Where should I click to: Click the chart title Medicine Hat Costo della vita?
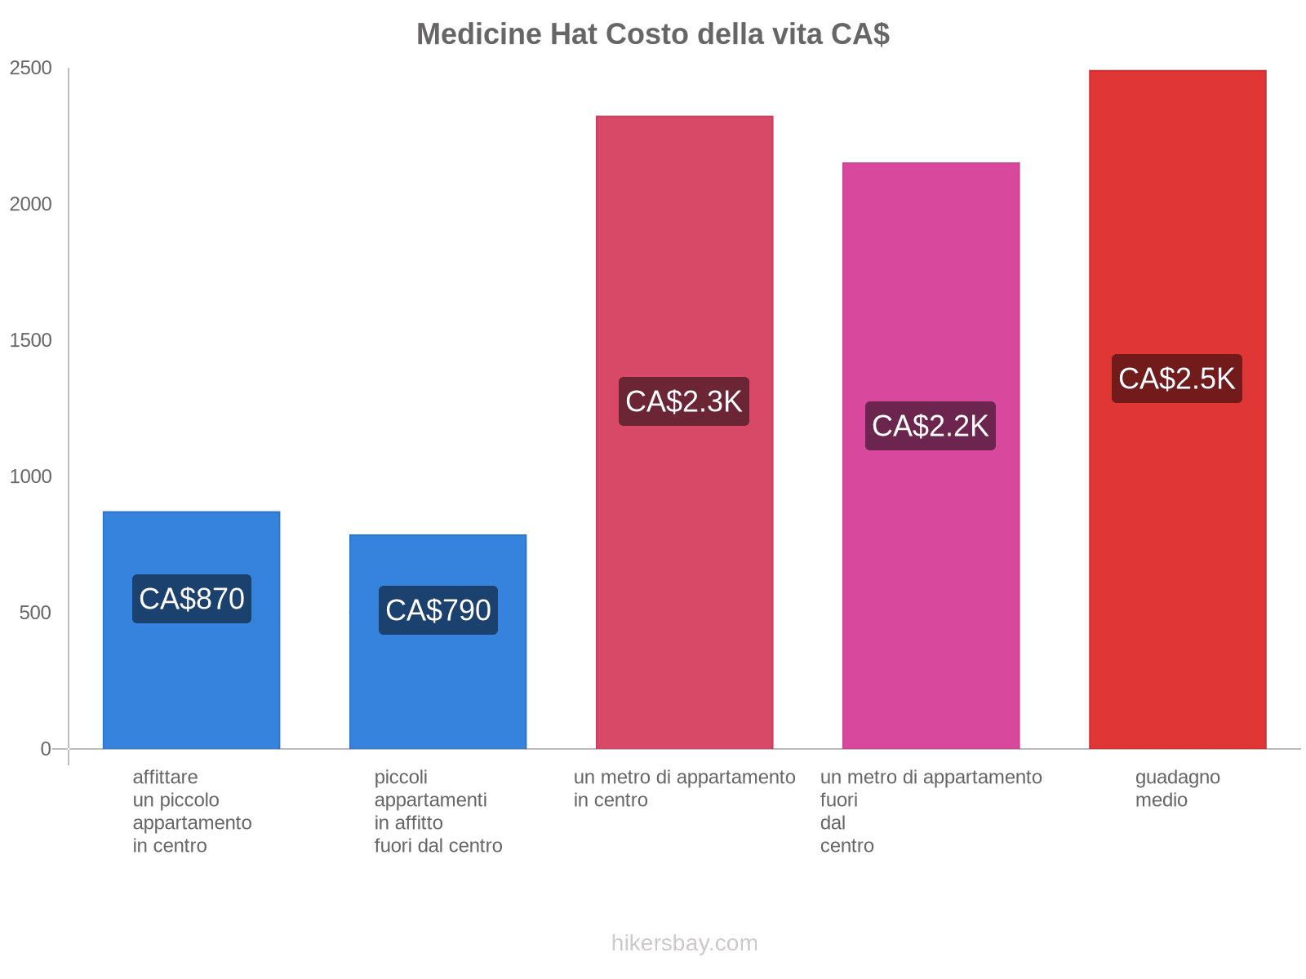tap(652, 34)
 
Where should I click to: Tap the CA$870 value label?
tap(192, 599)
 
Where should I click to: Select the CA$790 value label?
tap(438, 610)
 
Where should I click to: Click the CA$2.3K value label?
tap(684, 401)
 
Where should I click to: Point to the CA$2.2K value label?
tap(931, 426)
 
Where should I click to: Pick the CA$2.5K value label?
tap(1177, 379)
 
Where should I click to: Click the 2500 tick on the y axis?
tap(31, 69)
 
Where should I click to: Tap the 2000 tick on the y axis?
tap(31, 205)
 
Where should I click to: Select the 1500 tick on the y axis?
tap(31, 341)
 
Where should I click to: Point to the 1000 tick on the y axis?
tap(31, 477)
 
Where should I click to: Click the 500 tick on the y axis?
tap(36, 614)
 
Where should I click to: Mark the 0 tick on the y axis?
tap(46, 749)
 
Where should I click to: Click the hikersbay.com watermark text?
tap(684, 943)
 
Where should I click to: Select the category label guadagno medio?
tap(1177, 789)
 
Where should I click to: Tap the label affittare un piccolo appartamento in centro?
tap(192, 811)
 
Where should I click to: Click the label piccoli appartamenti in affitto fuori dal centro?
tap(438, 811)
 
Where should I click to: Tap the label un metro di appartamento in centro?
tap(684, 788)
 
